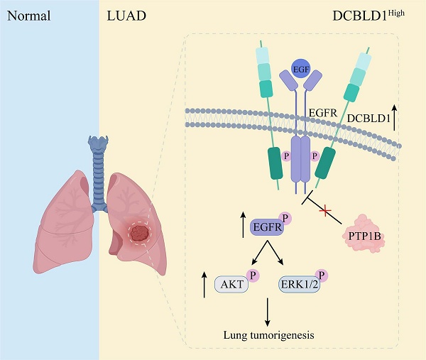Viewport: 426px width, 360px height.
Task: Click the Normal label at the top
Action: click(28, 14)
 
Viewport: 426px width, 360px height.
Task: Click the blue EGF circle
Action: click(301, 71)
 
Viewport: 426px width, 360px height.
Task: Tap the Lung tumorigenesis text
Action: click(269, 334)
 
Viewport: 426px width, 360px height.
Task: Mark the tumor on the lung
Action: click(141, 233)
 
